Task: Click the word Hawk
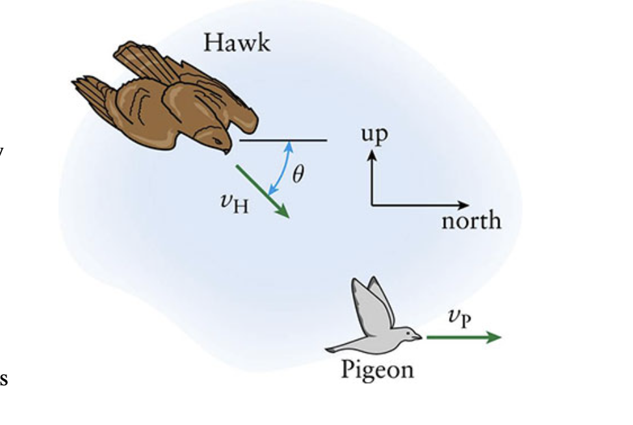pos(237,43)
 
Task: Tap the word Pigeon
pos(377,370)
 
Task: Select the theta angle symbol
pos(298,174)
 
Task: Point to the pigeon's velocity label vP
pos(459,318)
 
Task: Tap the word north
pos(471,221)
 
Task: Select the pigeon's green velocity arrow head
pos(497,337)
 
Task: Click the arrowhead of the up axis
pos(372,155)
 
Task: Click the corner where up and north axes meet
pos(372,205)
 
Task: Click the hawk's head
pos(218,137)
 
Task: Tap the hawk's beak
pos(226,151)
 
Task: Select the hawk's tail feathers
pos(88,88)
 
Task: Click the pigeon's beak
pos(418,337)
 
